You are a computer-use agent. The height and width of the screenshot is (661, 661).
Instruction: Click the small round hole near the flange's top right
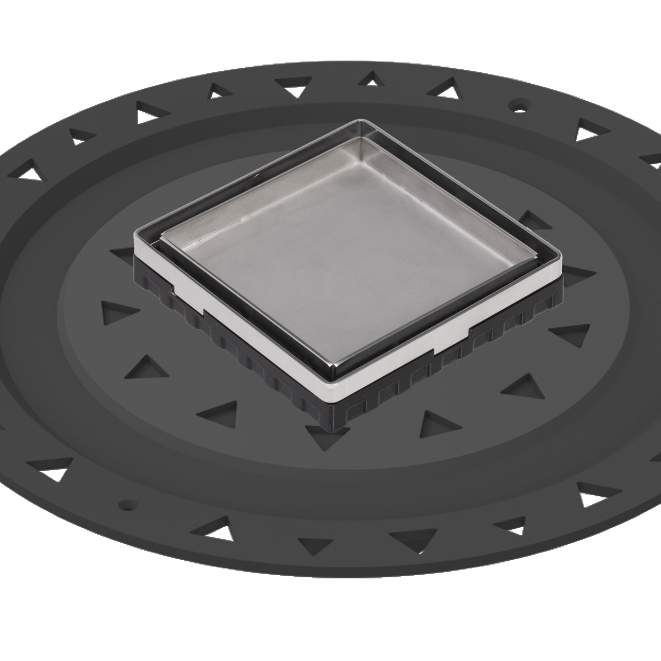519,103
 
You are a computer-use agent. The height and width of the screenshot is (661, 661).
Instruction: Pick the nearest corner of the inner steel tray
333,370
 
